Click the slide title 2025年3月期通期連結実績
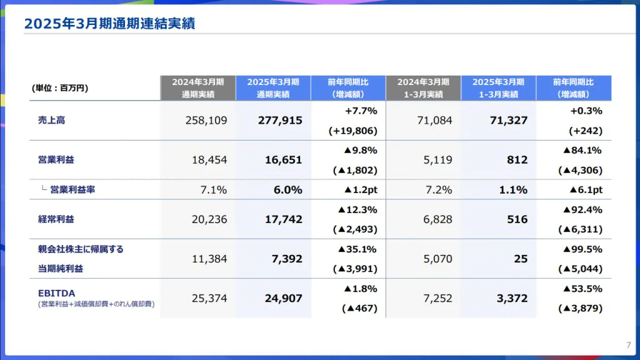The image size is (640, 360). coord(109,24)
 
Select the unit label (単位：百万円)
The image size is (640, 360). coord(60,88)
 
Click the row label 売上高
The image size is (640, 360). coord(51,120)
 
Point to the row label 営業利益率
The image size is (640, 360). coord(72,189)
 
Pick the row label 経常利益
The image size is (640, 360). coord(56,219)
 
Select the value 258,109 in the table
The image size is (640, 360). coord(206,120)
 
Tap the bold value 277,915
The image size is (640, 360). coord(280,120)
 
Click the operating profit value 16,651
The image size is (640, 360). coord(283,160)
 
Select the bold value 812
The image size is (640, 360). coord(517,160)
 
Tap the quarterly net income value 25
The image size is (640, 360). coord(521,259)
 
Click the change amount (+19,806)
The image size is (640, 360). coord(352,131)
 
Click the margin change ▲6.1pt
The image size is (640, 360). coord(586,190)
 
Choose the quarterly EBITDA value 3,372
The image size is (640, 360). coord(512,298)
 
